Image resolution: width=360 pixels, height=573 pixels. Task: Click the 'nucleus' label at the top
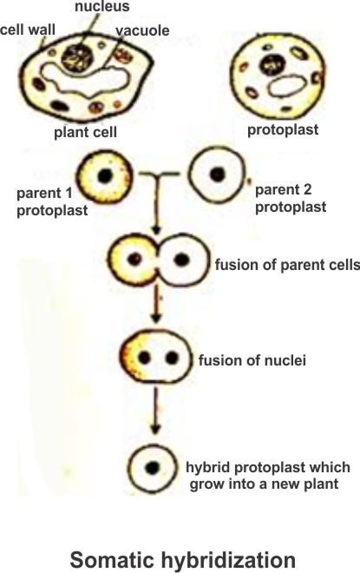coord(101,6)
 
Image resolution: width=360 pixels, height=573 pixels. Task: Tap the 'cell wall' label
coord(28,30)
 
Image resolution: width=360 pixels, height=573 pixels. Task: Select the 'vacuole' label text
coord(143,30)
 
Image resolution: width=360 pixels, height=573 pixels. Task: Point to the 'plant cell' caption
coord(85,132)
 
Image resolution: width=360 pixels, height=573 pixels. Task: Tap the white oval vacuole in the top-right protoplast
coord(286,86)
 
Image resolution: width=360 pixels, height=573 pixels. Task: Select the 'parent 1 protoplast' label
coord(52,201)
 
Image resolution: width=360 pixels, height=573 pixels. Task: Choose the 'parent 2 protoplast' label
coord(291,199)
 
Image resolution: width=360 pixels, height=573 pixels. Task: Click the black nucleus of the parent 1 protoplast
coord(105,176)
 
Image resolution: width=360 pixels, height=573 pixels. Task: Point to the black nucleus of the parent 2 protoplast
coord(218,175)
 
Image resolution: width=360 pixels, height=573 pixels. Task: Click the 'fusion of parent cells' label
coord(287,265)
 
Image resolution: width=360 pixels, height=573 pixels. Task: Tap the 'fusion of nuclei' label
coord(252,360)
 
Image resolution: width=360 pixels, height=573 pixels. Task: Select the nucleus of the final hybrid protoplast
coord(153,468)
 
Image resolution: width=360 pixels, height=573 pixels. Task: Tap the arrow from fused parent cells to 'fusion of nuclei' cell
coord(156,303)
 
